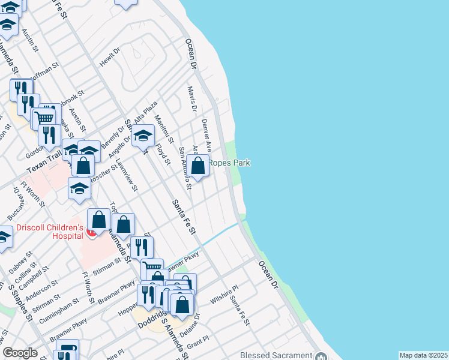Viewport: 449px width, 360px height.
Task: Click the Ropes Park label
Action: click(x=229, y=163)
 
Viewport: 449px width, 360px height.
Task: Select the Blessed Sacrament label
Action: click(x=276, y=355)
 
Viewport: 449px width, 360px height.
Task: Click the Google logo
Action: click(x=20, y=353)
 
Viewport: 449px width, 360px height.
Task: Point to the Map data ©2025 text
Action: click(x=423, y=355)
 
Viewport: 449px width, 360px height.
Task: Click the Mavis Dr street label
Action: click(x=193, y=99)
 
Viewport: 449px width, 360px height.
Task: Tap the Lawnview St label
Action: click(x=127, y=179)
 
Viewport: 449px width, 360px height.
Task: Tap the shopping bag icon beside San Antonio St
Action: click(x=197, y=164)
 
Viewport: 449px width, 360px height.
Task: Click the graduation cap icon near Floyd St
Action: click(x=143, y=137)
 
